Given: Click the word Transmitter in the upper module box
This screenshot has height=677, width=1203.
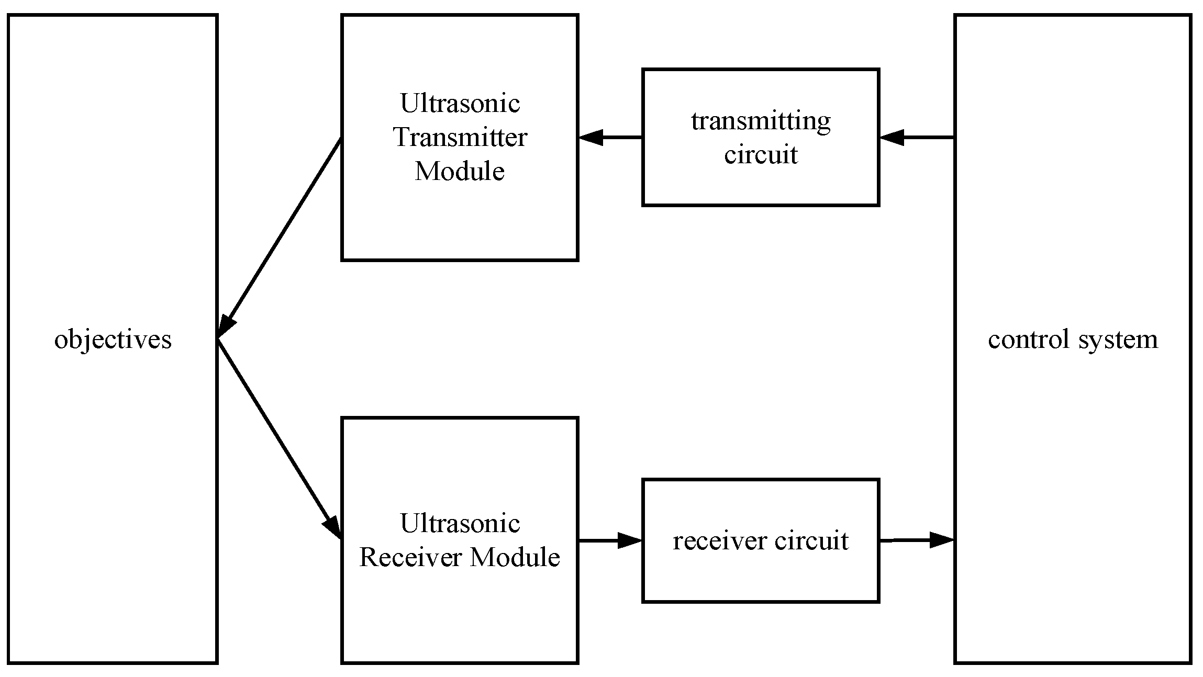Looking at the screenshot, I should click(460, 138).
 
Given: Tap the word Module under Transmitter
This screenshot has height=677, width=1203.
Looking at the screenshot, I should click(459, 172).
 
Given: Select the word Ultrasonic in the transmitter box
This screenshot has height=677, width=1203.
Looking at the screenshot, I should click(460, 103).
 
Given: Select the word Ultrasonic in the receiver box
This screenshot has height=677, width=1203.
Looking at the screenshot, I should click(460, 523).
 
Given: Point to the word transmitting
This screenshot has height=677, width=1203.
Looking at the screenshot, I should click(760, 121).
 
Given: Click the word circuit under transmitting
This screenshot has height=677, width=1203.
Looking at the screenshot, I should click(760, 155).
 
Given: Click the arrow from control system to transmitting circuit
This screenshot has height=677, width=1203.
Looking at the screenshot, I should click(916, 138).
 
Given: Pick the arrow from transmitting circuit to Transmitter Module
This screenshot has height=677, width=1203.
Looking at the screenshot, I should click(610, 138).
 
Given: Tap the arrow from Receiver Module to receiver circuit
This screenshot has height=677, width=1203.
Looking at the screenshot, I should click(610, 540).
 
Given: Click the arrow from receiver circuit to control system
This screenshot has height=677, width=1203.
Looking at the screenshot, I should click(916, 539).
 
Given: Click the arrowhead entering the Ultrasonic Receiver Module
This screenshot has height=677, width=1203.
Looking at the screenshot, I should click(333, 526).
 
